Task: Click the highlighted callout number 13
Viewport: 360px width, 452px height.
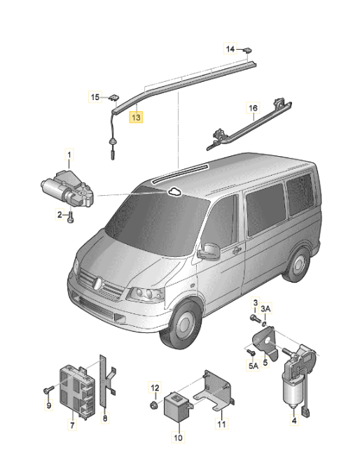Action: tap(136, 118)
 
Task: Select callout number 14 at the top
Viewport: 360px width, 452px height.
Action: tap(230, 48)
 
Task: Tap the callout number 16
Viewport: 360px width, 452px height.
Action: tap(253, 108)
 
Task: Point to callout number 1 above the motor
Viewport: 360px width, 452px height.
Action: tap(69, 153)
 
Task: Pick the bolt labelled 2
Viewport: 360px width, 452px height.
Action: tap(71, 218)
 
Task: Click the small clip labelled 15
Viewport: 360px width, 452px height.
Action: tap(113, 97)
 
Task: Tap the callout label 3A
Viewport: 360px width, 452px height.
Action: tap(265, 309)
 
